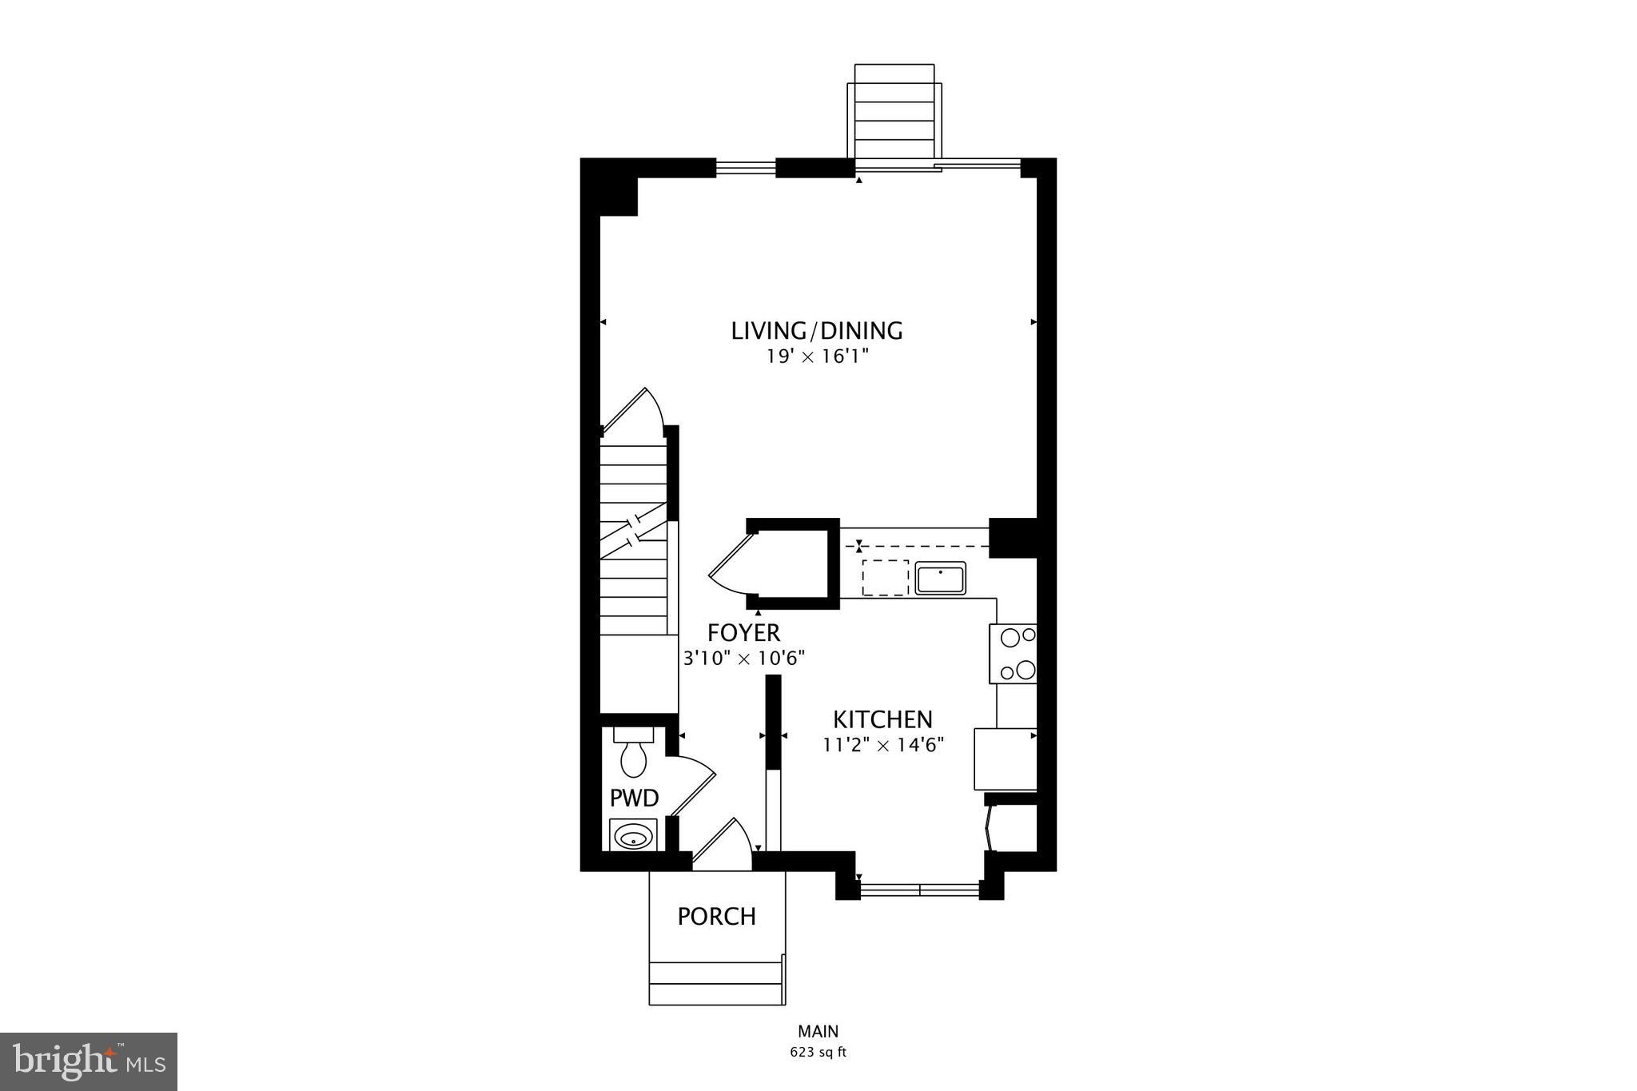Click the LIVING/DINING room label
pos(817,330)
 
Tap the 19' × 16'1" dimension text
pos(817,356)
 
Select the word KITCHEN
pos(882,719)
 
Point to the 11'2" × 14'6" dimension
pos(883,746)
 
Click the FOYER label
pos(743,633)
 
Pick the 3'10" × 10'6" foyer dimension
pos(743,659)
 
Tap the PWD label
pos(634,798)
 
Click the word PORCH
pos(716,916)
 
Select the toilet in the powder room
pos(633,755)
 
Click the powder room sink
pos(634,838)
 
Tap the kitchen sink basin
pos(940,578)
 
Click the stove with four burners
pos(1014,653)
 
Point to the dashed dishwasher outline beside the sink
pos(885,577)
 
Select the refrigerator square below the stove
pos(1005,759)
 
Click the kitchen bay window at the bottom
pos(919,889)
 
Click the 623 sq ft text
pos(818,1053)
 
